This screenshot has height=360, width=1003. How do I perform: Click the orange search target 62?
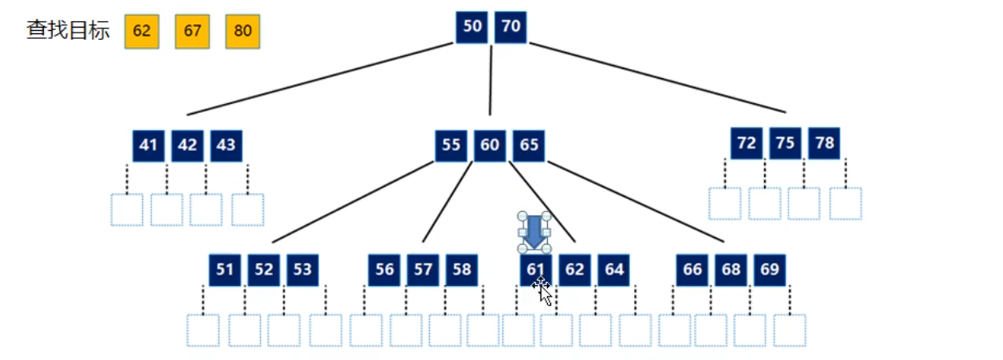tap(141, 31)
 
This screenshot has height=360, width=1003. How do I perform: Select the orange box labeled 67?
tap(192, 31)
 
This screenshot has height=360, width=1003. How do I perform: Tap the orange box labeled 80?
tap(242, 31)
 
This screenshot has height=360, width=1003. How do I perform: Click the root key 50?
tap(471, 27)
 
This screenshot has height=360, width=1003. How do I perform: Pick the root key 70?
tap(510, 27)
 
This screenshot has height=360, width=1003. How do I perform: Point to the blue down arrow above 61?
tap(533, 231)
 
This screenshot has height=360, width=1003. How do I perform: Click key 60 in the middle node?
tap(490, 145)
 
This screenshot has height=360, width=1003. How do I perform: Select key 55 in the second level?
tap(451, 145)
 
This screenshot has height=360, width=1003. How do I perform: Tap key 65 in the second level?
tap(529, 145)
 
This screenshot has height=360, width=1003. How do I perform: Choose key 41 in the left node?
tap(148, 145)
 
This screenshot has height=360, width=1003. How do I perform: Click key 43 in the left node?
tap(226, 145)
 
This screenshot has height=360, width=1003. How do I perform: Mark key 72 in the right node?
tap(746, 143)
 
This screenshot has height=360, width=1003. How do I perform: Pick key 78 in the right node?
tap(824, 143)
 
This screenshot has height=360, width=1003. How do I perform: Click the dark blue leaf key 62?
tap(575, 270)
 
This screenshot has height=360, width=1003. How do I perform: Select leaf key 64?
tap(614, 270)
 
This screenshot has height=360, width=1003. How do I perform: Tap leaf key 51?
tap(224, 270)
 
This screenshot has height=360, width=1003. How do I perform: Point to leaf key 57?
tap(423, 270)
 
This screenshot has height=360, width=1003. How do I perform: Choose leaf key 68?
tap(731, 270)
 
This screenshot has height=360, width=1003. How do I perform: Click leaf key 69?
tap(770, 270)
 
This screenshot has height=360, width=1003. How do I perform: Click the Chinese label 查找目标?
tap(68, 31)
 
